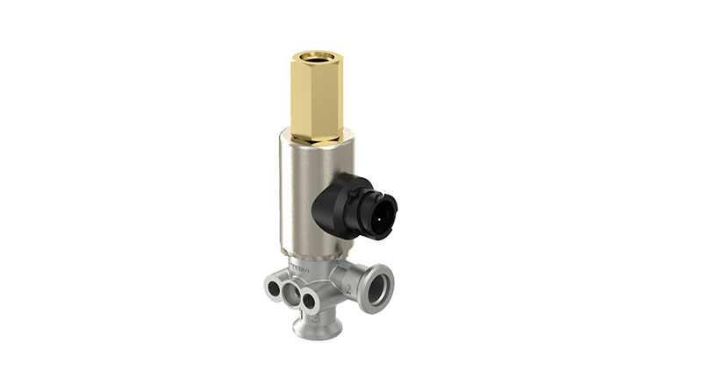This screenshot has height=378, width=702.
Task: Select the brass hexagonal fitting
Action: [317, 96]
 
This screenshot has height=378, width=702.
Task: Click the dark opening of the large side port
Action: [378, 292]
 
